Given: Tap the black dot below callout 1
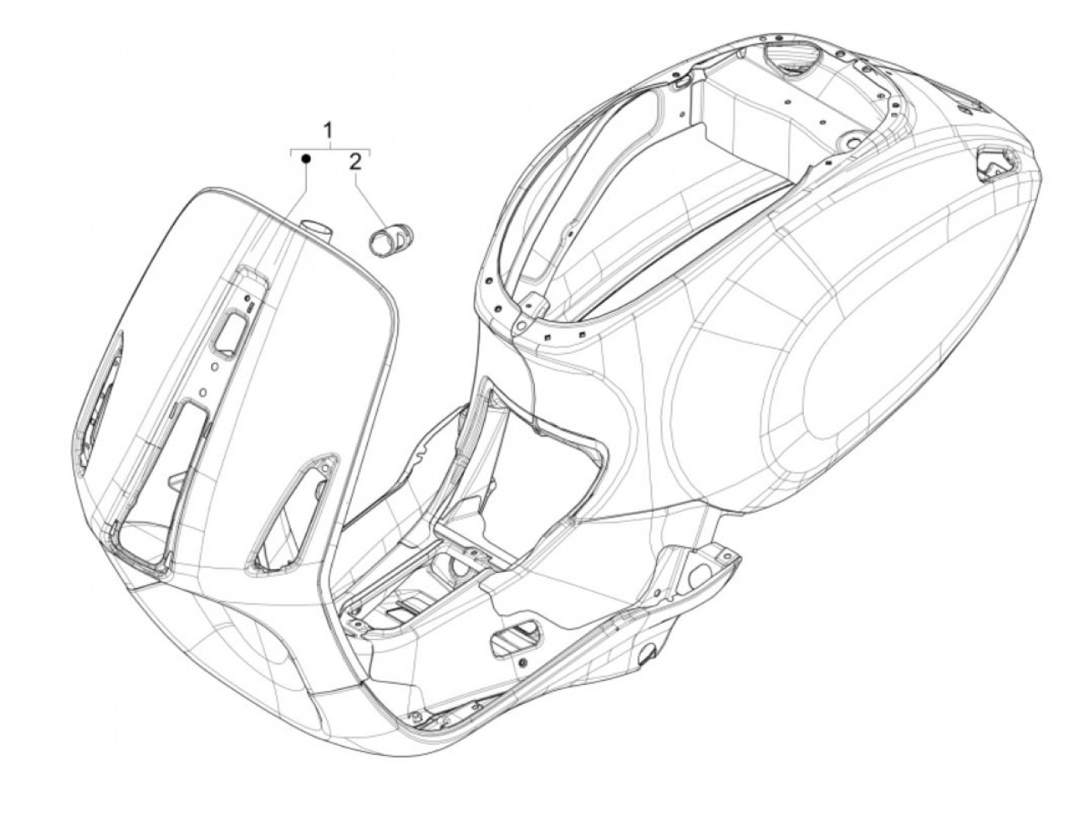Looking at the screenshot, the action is (x=306, y=158).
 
